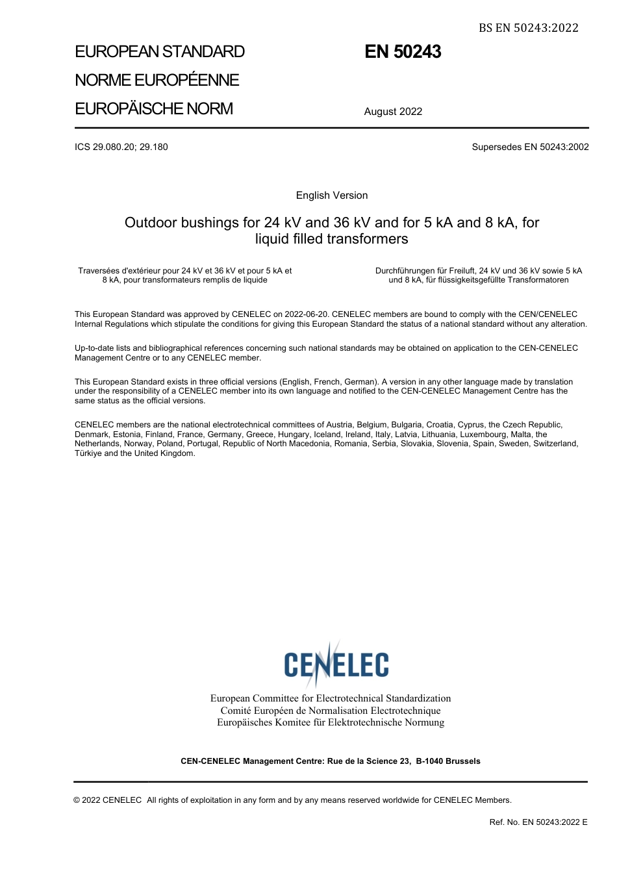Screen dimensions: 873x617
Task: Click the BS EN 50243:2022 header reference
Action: pos(528,27)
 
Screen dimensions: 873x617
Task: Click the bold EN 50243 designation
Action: pos(403,52)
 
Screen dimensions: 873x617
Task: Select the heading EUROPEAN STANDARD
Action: pos(160,52)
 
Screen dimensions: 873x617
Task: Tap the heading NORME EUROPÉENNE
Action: pos(157,80)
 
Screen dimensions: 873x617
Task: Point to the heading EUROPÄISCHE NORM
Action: pos(154,108)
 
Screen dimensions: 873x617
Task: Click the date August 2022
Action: pos(393,112)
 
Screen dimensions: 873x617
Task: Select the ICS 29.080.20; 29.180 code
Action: pos(121,147)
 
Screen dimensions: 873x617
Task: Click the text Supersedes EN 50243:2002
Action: pos(530,147)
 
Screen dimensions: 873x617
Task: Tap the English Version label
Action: pos(332,196)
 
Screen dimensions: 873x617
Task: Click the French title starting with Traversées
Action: pos(185,275)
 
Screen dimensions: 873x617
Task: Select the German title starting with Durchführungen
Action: pos(479,275)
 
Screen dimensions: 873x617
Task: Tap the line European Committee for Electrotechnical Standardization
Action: pos(331,698)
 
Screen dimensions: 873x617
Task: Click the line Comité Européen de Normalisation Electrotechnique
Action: pos(331,711)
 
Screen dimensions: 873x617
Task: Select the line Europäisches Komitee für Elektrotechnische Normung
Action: pos(331,722)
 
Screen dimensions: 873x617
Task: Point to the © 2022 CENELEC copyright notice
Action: pos(108,800)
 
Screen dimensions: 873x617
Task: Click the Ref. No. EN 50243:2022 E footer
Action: pos(538,822)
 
